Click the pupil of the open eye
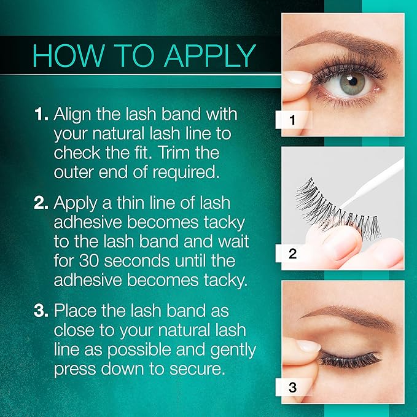click(352, 80)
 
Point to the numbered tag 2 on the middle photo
click(292, 253)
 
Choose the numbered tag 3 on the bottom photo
click(292, 387)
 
